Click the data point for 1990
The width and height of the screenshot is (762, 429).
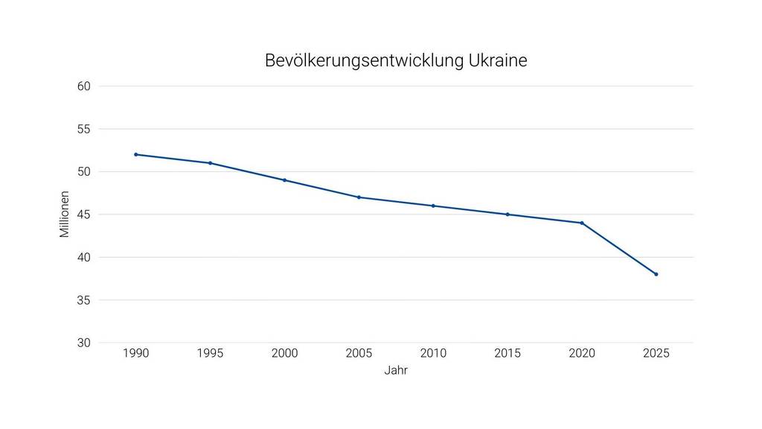[x=136, y=154]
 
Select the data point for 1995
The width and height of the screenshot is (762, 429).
[x=211, y=163]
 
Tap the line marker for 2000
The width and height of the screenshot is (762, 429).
[x=284, y=180]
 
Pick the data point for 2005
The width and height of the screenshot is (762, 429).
[x=359, y=197]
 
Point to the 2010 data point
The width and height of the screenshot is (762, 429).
[x=433, y=206]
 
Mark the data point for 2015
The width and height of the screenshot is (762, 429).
[x=508, y=214]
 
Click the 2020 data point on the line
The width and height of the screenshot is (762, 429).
[x=582, y=223]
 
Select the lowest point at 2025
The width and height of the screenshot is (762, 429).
[x=656, y=274]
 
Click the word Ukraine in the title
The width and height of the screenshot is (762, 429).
[x=498, y=60]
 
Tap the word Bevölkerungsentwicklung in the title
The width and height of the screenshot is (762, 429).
[x=364, y=61]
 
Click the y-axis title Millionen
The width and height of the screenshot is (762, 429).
[x=65, y=214]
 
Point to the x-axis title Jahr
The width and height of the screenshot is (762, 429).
[x=396, y=370]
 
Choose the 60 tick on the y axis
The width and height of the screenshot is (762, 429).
[x=84, y=86]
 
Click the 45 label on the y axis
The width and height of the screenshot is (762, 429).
[x=84, y=214]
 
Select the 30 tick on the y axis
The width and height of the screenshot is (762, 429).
[x=84, y=343]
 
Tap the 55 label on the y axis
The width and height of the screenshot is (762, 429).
[x=84, y=129]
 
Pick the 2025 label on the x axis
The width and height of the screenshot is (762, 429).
[x=656, y=353]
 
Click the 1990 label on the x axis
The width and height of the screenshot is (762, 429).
[x=136, y=353]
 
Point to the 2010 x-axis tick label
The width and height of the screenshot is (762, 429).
[x=433, y=353]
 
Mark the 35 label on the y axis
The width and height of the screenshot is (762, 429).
[x=84, y=300]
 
